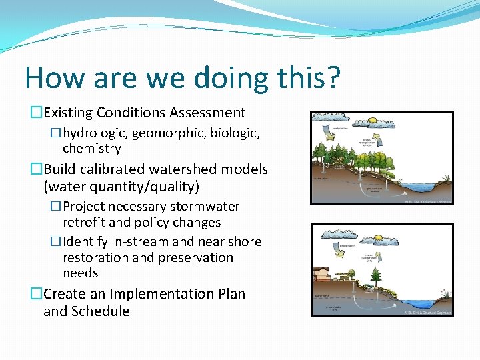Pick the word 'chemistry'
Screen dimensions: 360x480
click(91, 148)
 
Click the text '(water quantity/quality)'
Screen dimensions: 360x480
click(121, 186)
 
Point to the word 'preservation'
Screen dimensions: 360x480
click(197, 257)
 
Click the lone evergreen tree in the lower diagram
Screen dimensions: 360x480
click(377, 275)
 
